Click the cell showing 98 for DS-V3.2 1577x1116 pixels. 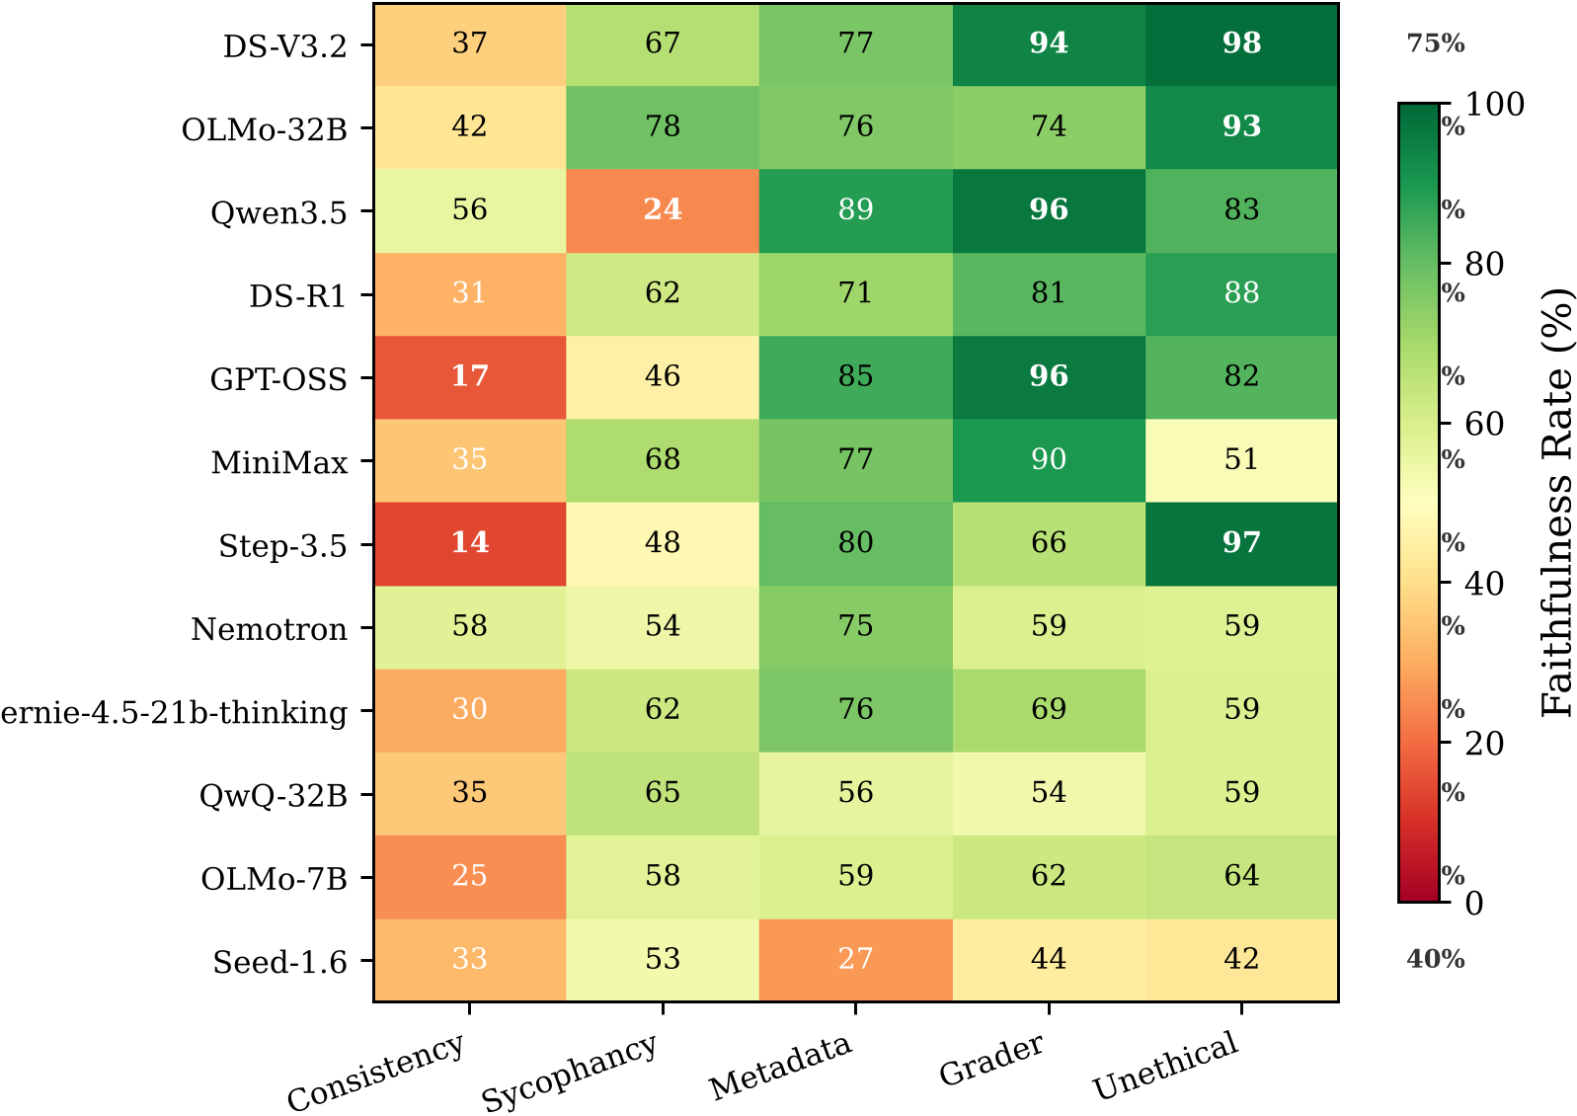1241,43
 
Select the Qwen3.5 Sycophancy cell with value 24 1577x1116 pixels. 663,210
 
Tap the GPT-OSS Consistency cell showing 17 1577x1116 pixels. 469,376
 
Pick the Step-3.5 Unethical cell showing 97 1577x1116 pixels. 1241,543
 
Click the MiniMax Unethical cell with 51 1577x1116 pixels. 1241,460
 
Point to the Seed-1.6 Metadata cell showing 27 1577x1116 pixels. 855,959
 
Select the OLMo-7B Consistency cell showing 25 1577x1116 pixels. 469,876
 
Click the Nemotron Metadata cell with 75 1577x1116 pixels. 855,626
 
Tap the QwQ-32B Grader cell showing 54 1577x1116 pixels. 1049,793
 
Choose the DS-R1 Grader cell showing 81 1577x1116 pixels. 1049,293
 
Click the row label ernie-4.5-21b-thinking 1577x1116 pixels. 174,712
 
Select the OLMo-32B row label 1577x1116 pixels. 264,129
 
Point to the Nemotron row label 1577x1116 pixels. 269,629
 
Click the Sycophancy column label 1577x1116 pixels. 570,1072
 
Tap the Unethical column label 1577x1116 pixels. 1165,1066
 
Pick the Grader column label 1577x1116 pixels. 990,1060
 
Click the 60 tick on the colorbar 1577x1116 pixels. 1483,425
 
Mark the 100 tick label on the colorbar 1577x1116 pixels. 1494,105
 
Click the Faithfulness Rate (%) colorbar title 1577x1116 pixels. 1556,503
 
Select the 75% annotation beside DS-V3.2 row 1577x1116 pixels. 1435,43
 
